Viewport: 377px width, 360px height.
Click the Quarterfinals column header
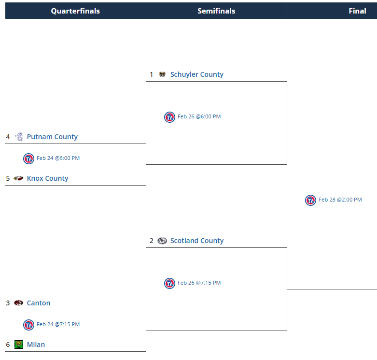pos(75,11)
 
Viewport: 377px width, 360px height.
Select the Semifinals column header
pos(216,11)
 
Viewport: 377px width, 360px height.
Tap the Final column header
pos(357,11)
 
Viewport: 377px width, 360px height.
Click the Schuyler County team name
pos(196,74)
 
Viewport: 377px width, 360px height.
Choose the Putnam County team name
pos(52,137)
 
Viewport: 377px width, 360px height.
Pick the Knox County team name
pos(47,178)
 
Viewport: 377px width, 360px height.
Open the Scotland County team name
pos(197,241)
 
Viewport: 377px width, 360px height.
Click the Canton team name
pos(39,303)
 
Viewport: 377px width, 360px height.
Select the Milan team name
pos(36,345)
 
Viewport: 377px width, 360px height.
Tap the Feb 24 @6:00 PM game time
pos(58,158)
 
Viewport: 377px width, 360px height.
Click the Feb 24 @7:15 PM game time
pos(58,324)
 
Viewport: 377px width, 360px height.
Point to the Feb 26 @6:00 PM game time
pos(199,116)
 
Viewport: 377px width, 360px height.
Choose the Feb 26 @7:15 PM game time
pos(199,283)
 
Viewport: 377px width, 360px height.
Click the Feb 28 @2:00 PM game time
pos(340,200)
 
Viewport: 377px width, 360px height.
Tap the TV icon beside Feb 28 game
pos(310,200)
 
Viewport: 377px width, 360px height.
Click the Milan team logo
pos(19,345)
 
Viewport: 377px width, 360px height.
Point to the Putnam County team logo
pos(19,137)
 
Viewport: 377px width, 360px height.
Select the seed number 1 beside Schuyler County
pos(151,74)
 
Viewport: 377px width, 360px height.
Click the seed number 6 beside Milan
pos(8,345)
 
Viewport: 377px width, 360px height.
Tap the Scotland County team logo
pos(162,241)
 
